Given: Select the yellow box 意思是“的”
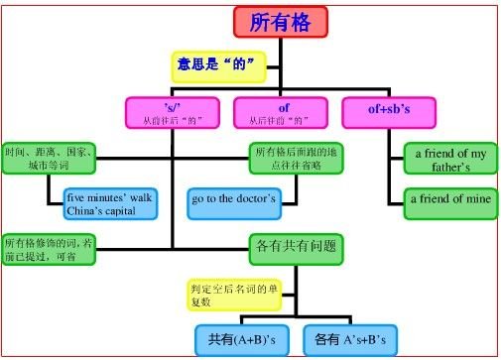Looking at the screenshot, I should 219,66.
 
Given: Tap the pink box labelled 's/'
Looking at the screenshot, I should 172,111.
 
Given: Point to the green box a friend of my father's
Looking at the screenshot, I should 447,161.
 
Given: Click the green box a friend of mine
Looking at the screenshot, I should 447,200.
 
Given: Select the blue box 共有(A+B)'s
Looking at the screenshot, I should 240,338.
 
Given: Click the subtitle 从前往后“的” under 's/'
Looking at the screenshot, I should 172,120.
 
